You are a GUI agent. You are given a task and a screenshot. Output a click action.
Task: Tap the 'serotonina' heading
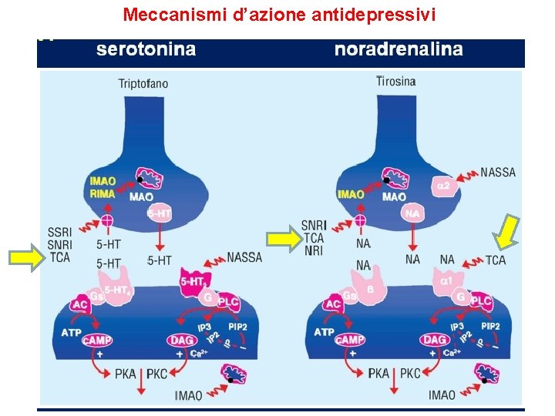pos(146,50)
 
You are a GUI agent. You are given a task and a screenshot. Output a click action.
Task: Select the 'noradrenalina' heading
pos(399,50)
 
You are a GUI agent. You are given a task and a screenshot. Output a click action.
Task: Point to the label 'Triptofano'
pos(143,83)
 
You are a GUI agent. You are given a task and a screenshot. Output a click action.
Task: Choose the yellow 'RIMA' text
pos(103,194)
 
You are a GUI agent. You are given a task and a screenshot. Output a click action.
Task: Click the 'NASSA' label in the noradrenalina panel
pos(498,173)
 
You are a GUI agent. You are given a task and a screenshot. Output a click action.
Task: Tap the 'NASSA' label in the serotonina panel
pos(244,257)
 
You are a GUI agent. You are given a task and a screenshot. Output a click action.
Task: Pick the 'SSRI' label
pos(60,232)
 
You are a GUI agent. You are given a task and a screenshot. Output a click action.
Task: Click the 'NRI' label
pos(314,250)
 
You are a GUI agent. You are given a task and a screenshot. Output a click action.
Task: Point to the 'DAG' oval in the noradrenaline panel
pos(434,340)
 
